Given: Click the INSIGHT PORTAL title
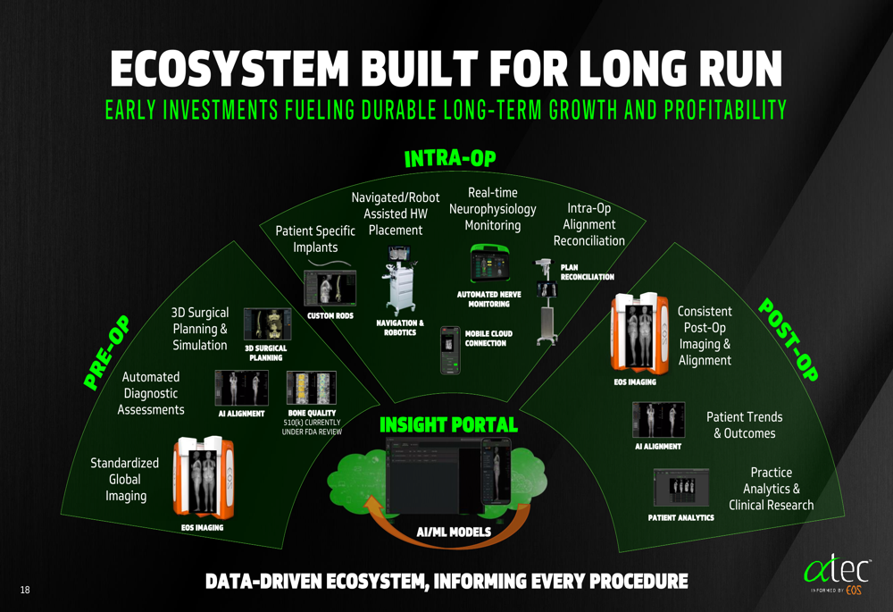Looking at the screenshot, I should click(448, 424).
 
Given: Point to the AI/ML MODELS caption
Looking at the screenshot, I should click(454, 532).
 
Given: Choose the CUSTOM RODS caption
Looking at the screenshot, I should click(330, 315).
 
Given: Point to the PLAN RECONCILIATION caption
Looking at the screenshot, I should click(587, 272).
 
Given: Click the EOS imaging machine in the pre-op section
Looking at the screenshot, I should click(207, 478).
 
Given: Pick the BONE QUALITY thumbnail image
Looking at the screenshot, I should click(311, 389).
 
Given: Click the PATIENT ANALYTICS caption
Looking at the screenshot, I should click(680, 517).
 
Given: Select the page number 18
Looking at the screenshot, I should click(24, 590).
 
